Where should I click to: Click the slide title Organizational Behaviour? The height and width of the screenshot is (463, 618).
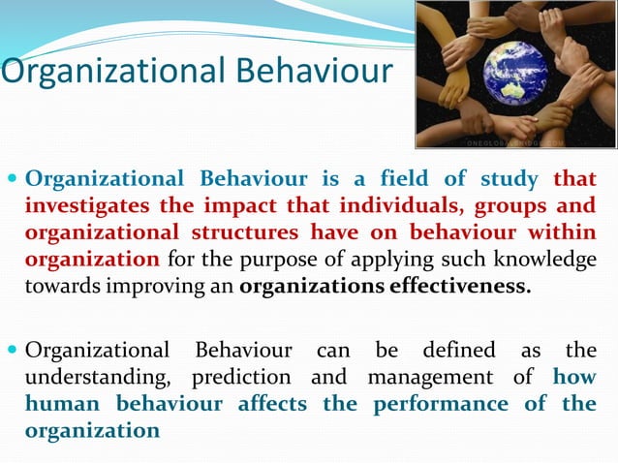point(196,71)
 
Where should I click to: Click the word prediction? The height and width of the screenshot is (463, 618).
point(241,377)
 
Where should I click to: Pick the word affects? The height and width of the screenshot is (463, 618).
point(274,404)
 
